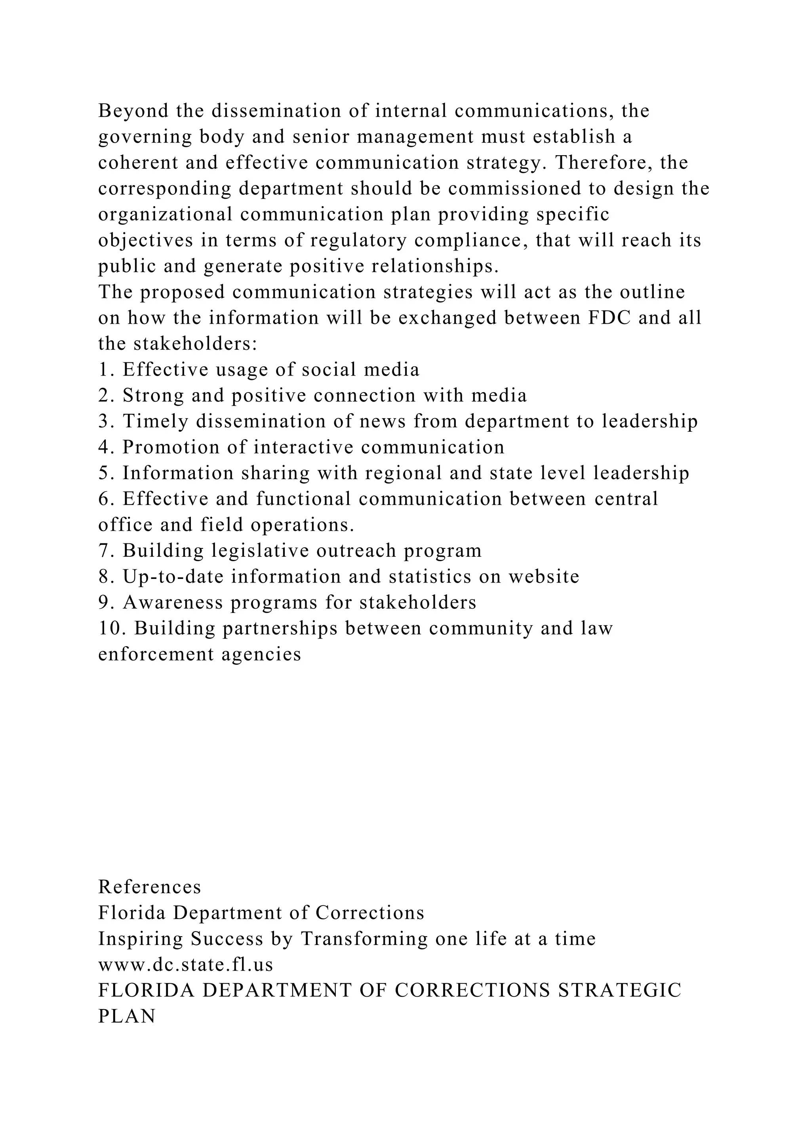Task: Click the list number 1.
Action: click(x=103, y=370)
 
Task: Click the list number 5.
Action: click(x=104, y=473)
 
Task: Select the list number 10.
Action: click(x=110, y=628)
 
